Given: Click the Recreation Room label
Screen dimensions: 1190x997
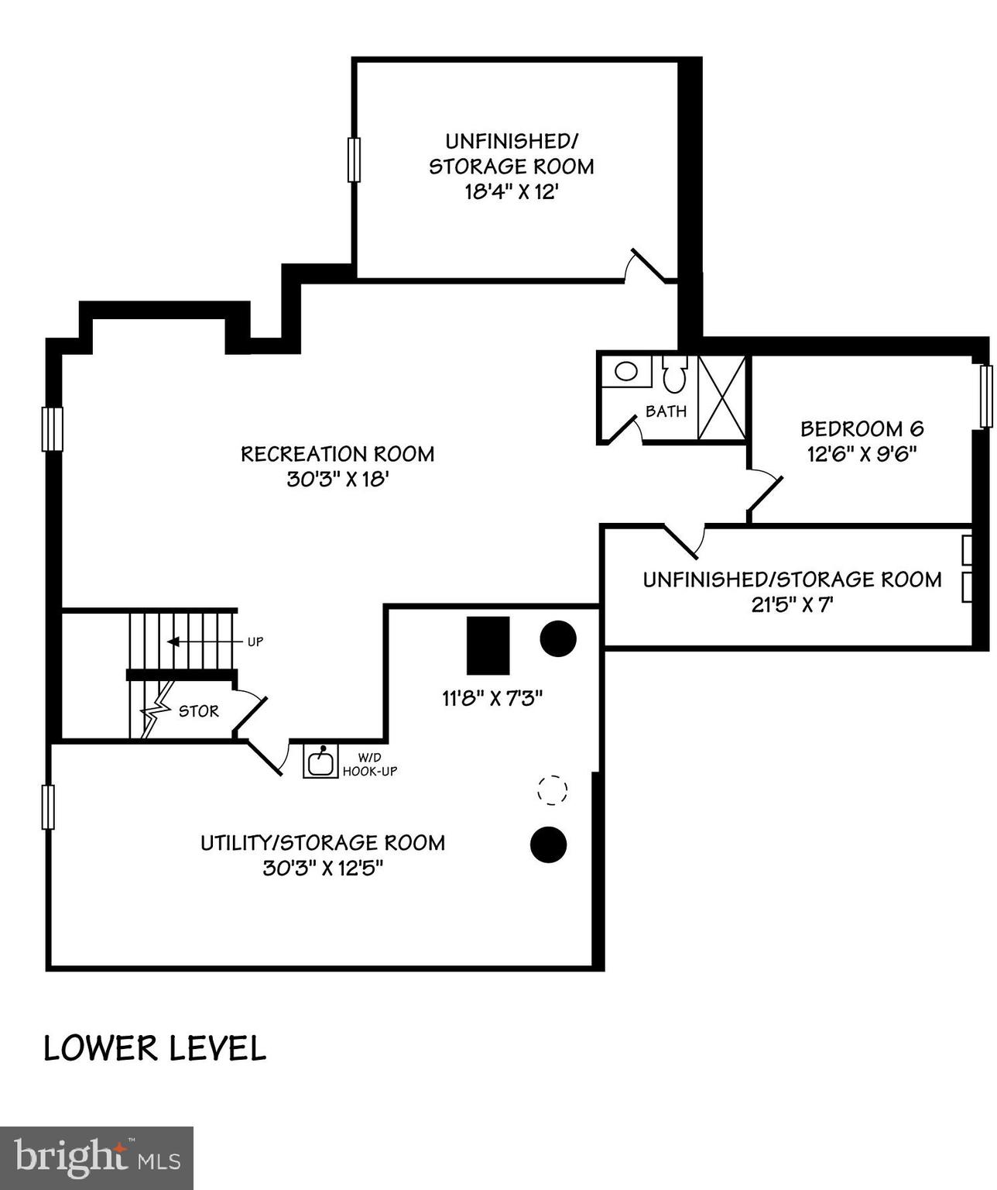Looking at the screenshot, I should pos(337,454).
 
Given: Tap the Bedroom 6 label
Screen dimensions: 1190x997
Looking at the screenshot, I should pos(862,428).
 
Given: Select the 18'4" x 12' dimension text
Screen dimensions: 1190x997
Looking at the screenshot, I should pos(511,191).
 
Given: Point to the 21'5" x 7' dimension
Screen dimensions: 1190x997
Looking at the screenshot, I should pos(791,604).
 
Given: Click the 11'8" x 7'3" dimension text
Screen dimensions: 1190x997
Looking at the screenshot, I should pos(492,698).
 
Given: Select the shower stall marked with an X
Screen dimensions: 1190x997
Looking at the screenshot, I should pos(721,398).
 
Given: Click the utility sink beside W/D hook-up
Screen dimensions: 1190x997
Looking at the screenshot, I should pos(320,761).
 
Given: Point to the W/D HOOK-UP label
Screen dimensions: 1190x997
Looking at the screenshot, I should pos(370,765).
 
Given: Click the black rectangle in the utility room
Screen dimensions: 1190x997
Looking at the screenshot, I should pos(488,645).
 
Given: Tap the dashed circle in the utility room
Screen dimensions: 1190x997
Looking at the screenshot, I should pos(553,790).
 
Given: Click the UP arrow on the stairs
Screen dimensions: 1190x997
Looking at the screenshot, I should pos(173,641).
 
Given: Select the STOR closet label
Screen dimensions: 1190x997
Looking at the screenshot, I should pos(199,711).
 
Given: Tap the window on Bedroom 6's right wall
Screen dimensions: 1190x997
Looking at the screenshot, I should pos(986,397).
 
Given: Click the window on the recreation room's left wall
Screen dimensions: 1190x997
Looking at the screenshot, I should pos(52,428).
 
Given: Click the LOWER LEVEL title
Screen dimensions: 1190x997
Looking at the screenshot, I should pos(155,1048).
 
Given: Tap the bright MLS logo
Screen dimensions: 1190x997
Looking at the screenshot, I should pos(97,1157).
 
